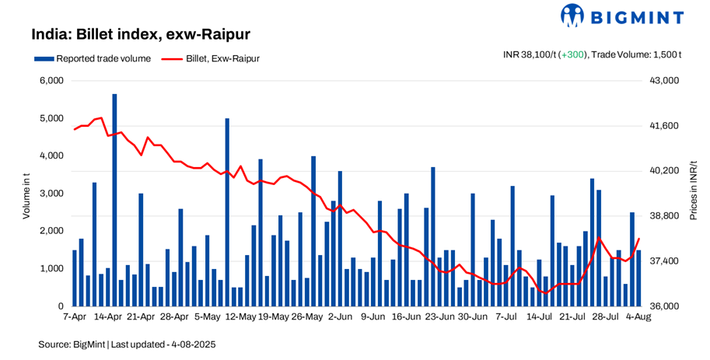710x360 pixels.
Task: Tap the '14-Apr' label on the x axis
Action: [108, 317]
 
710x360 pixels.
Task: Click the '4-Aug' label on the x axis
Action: [638, 317]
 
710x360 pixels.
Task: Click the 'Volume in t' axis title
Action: [26, 193]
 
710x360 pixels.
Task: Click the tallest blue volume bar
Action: [114, 200]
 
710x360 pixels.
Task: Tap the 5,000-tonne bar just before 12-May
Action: [227, 212]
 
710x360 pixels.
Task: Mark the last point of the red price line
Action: [638, 239]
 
